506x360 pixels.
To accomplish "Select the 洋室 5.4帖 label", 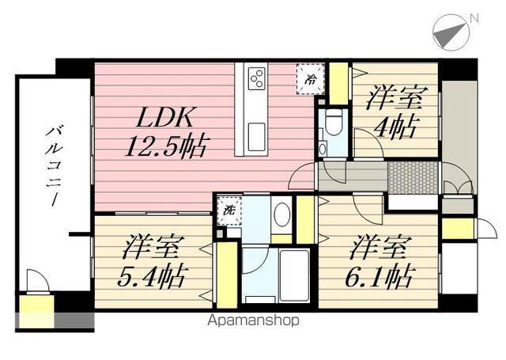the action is [151, 262].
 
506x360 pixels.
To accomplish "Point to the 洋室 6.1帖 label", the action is [379, 262].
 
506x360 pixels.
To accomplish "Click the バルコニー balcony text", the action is [53, 166].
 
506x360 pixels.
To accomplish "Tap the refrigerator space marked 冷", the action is [311, 79].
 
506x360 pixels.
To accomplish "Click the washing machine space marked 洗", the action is [229, 210].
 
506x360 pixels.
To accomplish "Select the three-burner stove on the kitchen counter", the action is [257, 78].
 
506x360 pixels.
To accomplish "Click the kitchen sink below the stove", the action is [256, 137].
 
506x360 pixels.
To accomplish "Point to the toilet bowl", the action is [333, 123].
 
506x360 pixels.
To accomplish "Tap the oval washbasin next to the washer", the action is [281, 214].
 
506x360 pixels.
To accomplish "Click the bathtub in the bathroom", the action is [294, 275].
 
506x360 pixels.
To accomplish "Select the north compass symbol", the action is [451, 32].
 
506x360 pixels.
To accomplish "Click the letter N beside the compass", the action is [474, 18].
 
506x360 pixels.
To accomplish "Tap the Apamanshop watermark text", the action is [253, 320].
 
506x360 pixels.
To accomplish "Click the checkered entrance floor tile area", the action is [413, 177].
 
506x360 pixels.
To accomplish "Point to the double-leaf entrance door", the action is [458, 177].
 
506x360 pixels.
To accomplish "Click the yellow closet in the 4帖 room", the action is [338, 84].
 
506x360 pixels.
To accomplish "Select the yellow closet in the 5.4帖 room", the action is [227, 275].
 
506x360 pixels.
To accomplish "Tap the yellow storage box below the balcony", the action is [36, 311].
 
